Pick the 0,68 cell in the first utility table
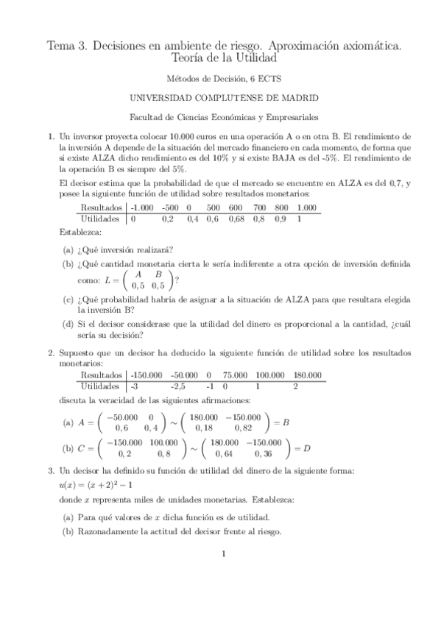click(x=236, y=219)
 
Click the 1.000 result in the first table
click(x=307, y=208)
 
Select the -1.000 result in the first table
click(x=142, y=208)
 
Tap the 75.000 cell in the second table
click(x=236, y=375)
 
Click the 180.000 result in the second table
click(x=308, y=375)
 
